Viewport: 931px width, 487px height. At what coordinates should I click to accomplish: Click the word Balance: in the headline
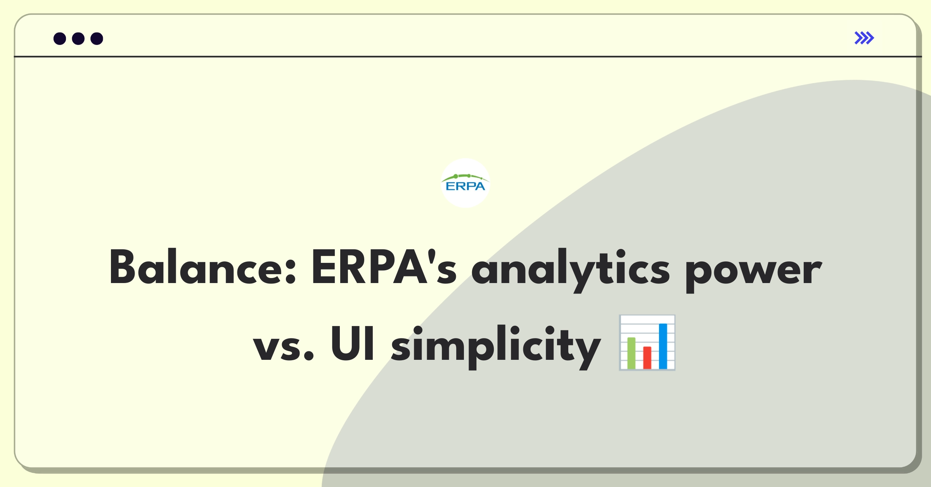click(203, 267)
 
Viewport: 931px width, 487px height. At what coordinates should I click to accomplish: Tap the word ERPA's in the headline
click(384, 267)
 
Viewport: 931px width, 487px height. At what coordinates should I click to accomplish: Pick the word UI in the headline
click(352, 343)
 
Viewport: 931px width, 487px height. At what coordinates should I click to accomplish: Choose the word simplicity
click(496, 347)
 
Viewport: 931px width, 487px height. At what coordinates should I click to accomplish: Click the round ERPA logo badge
click(465, 183)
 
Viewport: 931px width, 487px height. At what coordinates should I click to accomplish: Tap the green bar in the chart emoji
click(631, 353)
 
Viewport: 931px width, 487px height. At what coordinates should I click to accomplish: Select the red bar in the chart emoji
click(647, 357)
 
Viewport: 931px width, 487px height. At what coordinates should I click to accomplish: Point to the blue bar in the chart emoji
click(663, 346)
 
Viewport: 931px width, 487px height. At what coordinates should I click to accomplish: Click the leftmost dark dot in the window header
click(60, 38)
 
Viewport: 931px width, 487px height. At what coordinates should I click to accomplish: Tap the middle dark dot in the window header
click(78, 38)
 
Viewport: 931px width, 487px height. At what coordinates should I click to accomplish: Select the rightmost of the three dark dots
click(97, 38)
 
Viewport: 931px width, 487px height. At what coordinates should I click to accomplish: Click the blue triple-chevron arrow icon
click(864, 38)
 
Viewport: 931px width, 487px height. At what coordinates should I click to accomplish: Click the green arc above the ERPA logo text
click(465, 176)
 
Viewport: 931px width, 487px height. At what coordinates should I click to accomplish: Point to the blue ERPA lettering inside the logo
click(465, 187)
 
